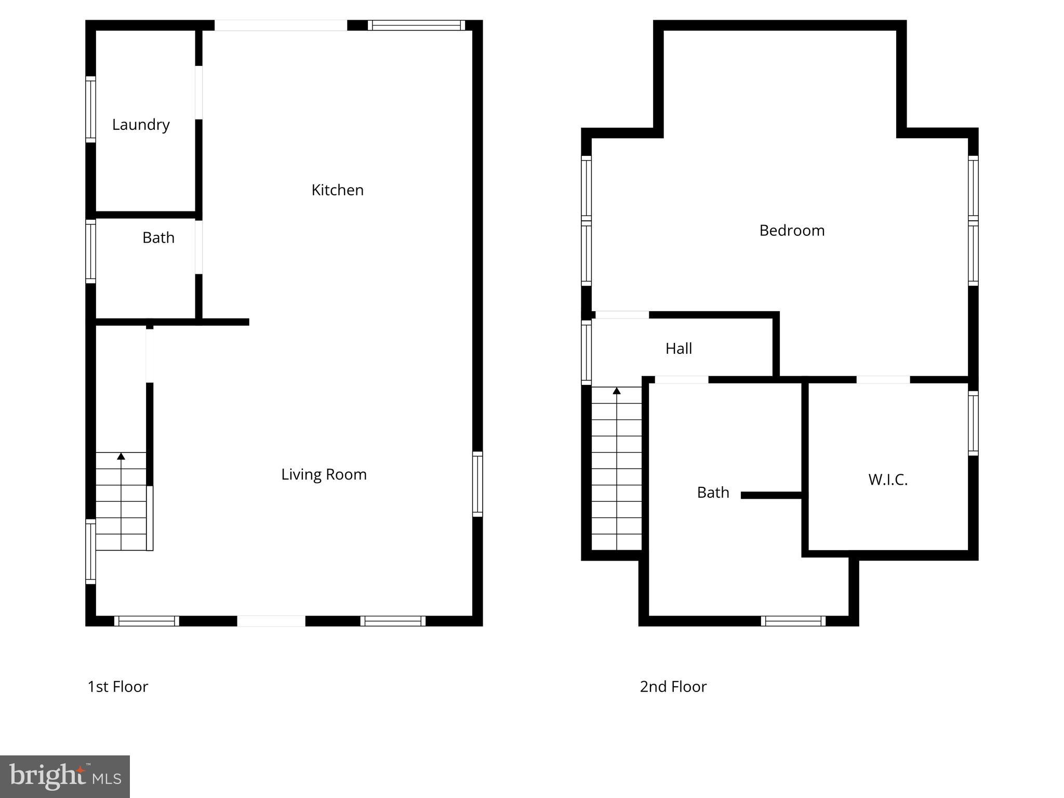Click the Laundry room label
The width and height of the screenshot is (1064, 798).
pyautogui.click(x=141, y=125)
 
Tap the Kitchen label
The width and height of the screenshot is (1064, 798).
pyautogui.click(x=337, y=190)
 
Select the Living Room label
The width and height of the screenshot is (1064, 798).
pyautogui.click(x=324, y=474)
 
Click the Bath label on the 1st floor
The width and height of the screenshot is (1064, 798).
pyautogui.click(x=158, y=238)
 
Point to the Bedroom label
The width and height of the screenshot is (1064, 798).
pyautogui.click(x=792, y=231)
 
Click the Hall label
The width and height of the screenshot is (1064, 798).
pyautogui.click(x=679, y=349)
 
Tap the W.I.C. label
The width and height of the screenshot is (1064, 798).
pyautogui.click(x=888, y=480)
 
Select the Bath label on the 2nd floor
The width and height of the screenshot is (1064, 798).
pyautogui.click(x=713, y=493)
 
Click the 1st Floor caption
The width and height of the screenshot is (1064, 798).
pyautogui.click(x=118, y=687)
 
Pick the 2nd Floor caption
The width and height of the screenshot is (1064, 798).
pyautogui.click(x=673, y=687)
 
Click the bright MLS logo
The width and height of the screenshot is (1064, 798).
pyautogui.click(x=65, y=777)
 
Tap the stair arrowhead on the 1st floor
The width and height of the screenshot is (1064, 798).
pyautogui.click(x=121, y=456)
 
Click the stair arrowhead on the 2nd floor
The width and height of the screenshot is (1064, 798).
pyautogui.click(x=617, y=391)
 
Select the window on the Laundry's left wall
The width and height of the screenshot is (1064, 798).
pyautogui.click(x=90, y=109)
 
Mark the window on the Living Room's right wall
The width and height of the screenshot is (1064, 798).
pyautogui.click(x=477, y=484)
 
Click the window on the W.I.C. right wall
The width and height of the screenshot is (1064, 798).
pyautogui.click(x=973, y=423)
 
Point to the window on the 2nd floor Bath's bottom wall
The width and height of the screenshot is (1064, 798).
pyautogui.click(x=793, y=621)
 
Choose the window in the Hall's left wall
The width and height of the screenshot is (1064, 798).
pyautogui.click(x=586, y=352)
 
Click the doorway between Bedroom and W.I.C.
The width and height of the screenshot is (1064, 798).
pyautogui.click(x=883, y=380)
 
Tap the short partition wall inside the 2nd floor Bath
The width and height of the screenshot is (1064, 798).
pyautogui.click(x=772, y=496)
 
